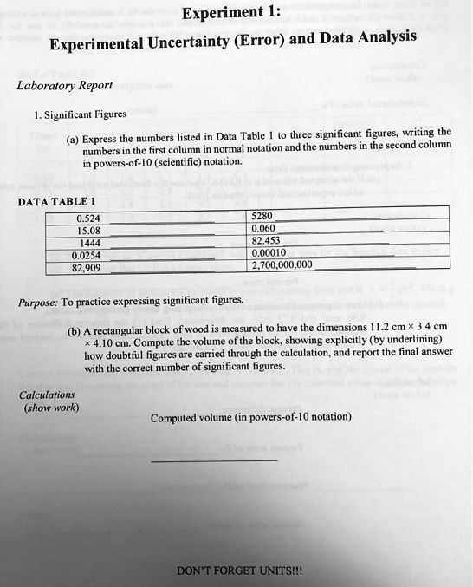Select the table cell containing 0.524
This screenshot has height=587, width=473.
(x=88, y=218)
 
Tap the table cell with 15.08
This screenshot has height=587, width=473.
(x=88, y=231)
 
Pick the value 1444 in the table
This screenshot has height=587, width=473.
(x=88, y=243)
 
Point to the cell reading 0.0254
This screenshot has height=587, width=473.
(x=88, y=255)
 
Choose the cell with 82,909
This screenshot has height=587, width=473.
(x=87, y=267)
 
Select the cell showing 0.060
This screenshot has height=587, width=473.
(x=262, y=229)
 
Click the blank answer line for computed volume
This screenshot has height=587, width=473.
(x=214, y=460)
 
